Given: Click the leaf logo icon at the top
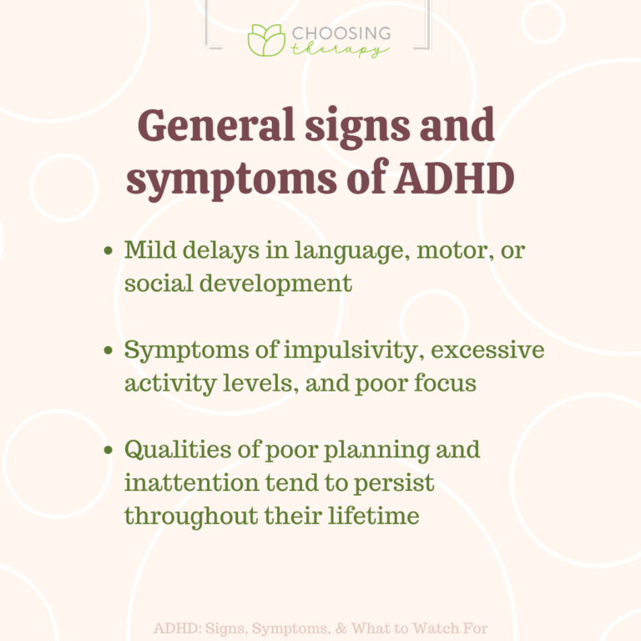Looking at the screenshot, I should point(265,40).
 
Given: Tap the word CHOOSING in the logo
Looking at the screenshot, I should point(341,34).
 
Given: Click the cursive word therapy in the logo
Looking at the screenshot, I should point(339,50).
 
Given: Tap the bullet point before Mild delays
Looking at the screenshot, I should point(109,250).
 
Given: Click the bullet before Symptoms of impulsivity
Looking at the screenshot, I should point(109,351).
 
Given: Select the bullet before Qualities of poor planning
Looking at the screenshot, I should point(109,451).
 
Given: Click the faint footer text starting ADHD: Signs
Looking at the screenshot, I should point(320,628).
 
